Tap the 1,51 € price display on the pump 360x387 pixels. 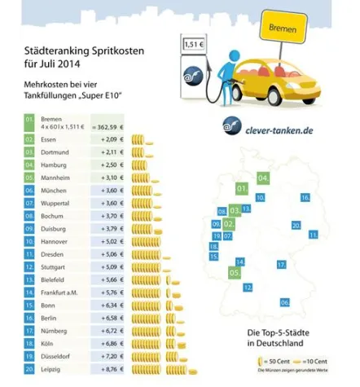coord(193,45)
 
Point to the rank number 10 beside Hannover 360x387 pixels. coord(29,240)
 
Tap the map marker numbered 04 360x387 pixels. coord(263,178)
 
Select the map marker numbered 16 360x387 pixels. coord(305,197)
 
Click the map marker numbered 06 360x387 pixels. coord(285,302)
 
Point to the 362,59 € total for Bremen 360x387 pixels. coord(109,126)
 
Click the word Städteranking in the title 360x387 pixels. coord(51,51)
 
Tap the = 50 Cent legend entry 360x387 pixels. coord(276,360)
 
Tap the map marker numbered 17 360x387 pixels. coord(280,265)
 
